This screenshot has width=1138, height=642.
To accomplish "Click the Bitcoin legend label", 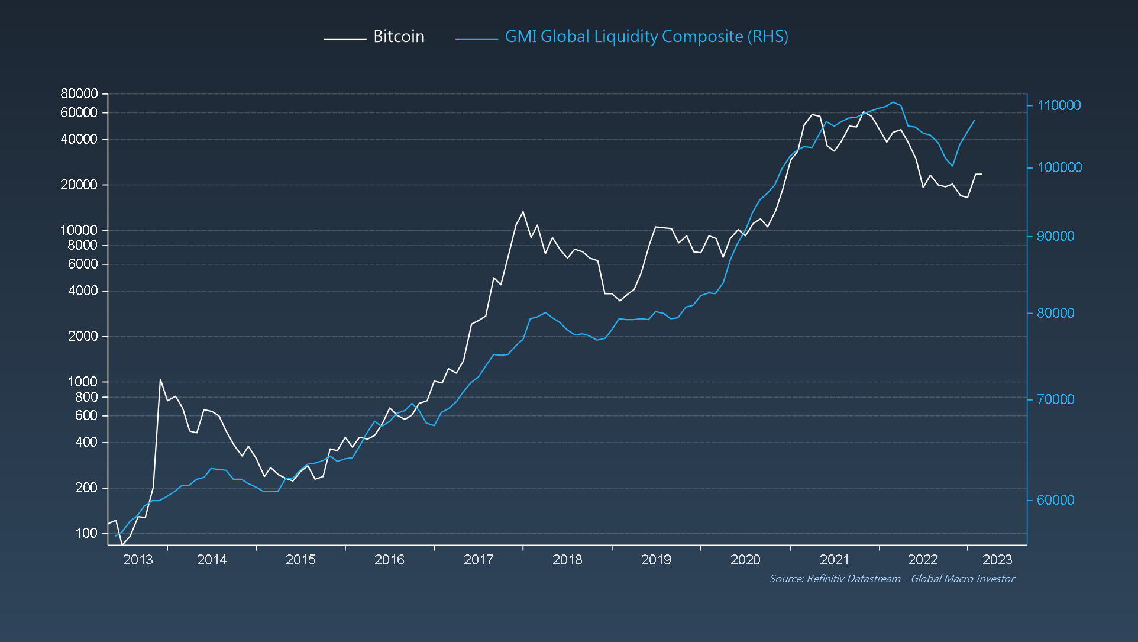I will click(399, 37).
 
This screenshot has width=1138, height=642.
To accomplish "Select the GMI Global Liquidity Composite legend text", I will click(646, 37).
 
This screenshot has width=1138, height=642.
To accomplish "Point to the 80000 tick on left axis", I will click(79, 93).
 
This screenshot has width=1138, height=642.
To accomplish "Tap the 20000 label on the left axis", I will click(79, 185).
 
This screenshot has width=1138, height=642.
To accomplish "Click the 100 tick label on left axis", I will click(86, 533).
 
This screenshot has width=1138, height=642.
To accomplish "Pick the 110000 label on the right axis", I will click(1059, 105).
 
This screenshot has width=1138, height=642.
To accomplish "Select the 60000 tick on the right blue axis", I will click(1055, 500).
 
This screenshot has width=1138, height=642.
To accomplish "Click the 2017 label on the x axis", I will click(478, 560).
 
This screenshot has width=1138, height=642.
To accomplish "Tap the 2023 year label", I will click(997, 560).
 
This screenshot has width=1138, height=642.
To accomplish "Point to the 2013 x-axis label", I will click(137, 560).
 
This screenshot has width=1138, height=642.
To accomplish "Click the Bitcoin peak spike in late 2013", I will click(160, 379).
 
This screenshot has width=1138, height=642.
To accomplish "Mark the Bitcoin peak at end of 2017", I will click(523, 212).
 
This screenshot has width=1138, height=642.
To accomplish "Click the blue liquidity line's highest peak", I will click(893, 102).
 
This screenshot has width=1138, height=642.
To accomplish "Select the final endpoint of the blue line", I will click(974, 121).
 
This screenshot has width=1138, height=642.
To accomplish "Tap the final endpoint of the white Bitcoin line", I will click(981, 174).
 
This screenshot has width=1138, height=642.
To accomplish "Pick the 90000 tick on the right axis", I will click(1055, 236).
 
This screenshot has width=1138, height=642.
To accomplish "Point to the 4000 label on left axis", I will click(83, 291).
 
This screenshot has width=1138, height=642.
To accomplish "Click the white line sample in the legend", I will click(345, 39).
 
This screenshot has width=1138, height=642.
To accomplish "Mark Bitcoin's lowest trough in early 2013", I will click(122, 544).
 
